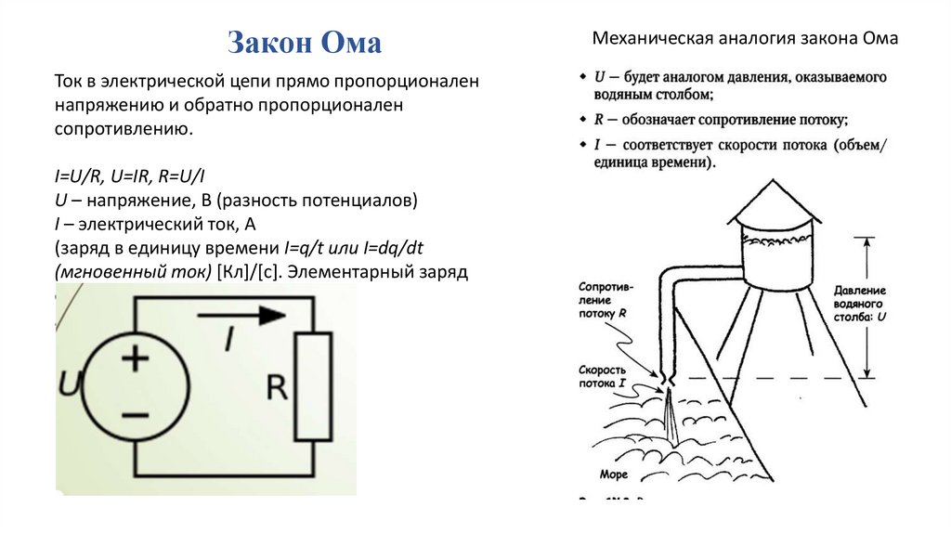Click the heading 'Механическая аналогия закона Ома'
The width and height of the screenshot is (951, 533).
point(746,39)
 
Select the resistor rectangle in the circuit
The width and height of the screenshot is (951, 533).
point(313,386)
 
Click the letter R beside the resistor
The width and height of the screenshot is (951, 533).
point(277,386)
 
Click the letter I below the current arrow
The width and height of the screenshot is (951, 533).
point(228,340)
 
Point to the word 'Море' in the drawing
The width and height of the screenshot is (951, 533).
point(614,474)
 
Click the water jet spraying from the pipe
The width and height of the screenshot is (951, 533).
point(671,415)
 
